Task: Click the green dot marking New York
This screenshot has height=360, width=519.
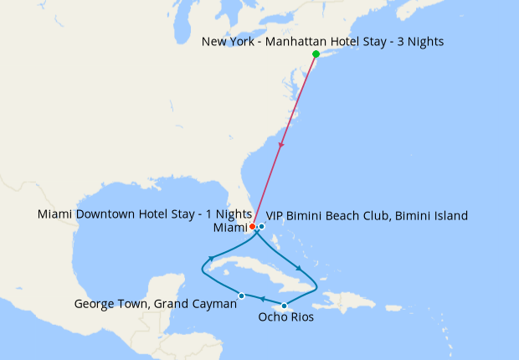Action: pyautogui.click(x=316, y=54)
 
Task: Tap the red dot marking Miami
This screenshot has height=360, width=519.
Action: pyautogui.click(x=253, y=226)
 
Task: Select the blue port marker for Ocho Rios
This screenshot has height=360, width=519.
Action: pyautogui.click(x=285, y=306)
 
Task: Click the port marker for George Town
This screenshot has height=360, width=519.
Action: pyautogui.click(x=242, y=295)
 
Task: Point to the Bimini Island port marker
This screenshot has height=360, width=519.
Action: pyautogui.click(x=262, y=226)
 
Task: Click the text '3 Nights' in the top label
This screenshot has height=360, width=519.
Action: pyautogui.click(x=418, y=41)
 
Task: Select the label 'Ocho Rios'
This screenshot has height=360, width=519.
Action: pyautogui.click(x=286, y=318)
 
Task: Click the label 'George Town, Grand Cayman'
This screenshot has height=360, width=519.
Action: pyautogui.click(x=156, y=304)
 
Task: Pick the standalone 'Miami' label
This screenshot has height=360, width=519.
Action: pyautogui.click(x=231, y=228)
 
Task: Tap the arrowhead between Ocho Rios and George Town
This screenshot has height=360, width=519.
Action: pyautogui.click(x=262, y=299)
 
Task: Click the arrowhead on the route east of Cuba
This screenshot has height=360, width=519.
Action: pyautogui.click(x=299, y=267)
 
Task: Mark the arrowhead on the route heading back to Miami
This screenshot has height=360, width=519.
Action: pyautogui.click(x=213, y=257)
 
